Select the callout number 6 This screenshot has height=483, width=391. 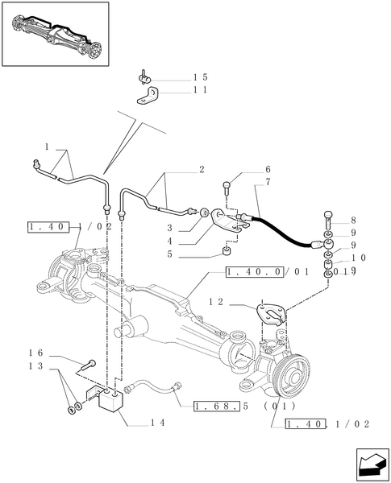pyautogui.click(x=245, y=170)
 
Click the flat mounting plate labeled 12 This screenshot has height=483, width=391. pyautogui.click(x=272, y=314)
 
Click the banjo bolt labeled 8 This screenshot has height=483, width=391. pyautogui.click(x=331, y=217)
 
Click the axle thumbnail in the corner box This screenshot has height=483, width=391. pyautogui.click(x=54, y=34)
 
